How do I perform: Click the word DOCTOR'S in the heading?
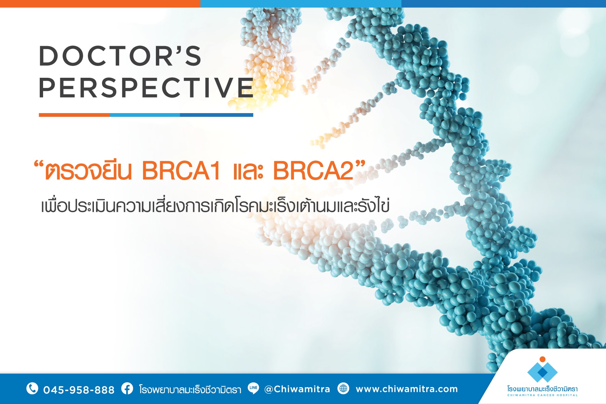(120, 56)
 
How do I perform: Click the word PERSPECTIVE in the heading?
(146, 88)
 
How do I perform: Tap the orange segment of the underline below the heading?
(74, 115)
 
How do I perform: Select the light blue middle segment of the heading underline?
(145, 115)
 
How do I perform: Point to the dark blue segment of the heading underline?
(216, 115)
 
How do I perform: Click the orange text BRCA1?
(181, 171)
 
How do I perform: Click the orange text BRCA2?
(313, 171)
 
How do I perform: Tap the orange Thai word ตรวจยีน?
(88, 171)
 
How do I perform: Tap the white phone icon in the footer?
(32, 389)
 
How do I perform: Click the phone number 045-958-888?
(79, 390)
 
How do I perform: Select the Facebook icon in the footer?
(127, 389)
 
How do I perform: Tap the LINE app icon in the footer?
(253, 388)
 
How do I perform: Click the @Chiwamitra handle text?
(297, 389)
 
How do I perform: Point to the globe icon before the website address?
(343, 388)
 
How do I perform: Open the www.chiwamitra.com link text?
(407, 389)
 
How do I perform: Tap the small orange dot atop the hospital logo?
(542, 359)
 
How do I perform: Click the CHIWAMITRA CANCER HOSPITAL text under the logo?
(542, 395)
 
